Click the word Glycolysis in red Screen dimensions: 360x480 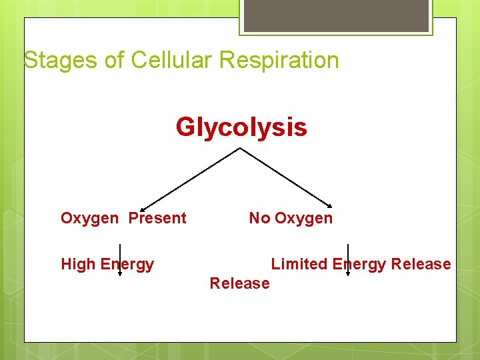241,127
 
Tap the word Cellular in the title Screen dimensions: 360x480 172,60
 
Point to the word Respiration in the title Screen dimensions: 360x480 279,60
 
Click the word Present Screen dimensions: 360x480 157,218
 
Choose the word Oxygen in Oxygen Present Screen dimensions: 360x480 89,218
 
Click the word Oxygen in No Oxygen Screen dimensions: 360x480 303,218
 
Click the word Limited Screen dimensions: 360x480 299,264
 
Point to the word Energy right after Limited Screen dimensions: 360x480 359,264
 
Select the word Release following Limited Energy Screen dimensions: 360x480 421,264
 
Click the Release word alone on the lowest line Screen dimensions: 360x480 239,283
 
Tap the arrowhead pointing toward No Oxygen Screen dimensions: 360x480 330,205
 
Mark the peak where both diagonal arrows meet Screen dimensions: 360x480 239,148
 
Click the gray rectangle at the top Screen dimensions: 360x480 336,15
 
